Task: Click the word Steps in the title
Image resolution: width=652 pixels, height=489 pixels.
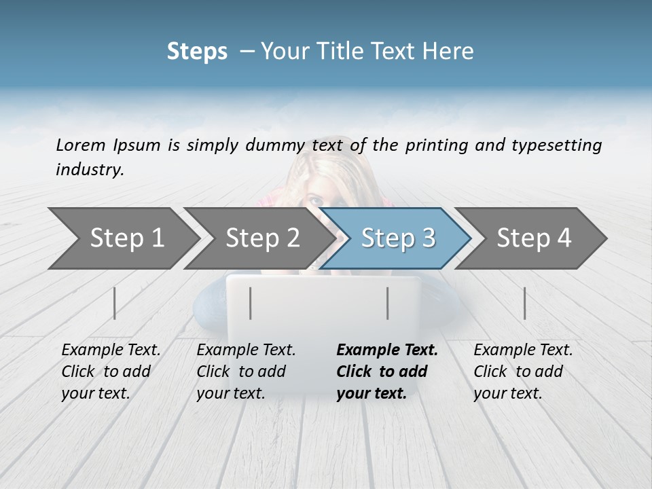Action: pos(197,52)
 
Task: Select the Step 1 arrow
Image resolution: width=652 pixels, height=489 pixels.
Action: pos(122,238)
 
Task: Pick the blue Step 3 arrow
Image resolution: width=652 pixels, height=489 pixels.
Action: pos(397,238)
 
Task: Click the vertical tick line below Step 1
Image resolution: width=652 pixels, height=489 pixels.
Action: pos(115,303)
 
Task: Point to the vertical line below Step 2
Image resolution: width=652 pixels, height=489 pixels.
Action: pos(251,303)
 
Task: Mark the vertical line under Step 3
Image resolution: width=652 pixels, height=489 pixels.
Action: pos(388,303)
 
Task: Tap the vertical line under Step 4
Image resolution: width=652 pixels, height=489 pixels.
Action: pos(524,303)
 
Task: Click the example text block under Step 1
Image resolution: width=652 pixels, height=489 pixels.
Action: pos(111,372)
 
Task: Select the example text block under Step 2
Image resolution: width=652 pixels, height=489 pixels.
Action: pos(246,372)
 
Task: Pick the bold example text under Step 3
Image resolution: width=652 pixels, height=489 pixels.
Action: pos(387,372)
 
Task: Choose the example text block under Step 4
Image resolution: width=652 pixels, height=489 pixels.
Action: pos(523,372)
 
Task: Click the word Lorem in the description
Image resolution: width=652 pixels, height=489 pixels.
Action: pos(81,145)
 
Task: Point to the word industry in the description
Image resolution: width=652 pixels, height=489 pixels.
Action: pos(90,170)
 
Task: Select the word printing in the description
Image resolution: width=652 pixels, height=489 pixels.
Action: pos(435,145)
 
